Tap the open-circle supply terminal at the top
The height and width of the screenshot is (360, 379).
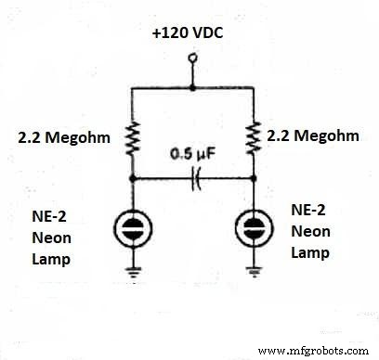192,58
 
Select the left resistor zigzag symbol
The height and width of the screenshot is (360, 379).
133,139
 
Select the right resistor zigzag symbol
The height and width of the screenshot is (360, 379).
253,138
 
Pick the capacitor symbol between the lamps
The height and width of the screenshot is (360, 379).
193,177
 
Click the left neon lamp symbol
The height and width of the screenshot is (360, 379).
133,227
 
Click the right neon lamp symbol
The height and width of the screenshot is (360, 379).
253,227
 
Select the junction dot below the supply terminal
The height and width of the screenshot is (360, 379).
192,88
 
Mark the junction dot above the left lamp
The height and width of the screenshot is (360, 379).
133,177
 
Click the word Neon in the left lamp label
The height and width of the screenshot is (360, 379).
54,239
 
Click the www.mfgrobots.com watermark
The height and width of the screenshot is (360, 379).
317,351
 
